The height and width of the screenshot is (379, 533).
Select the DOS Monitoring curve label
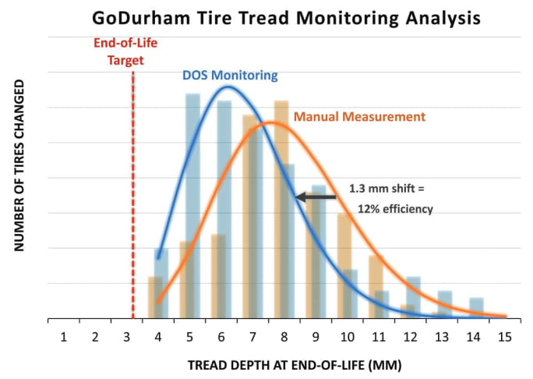coord(230,76)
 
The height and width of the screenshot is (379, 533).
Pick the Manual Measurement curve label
coord(359,117)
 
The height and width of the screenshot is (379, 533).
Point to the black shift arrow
coord(315,197)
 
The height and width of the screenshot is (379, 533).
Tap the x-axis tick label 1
coord(63,337)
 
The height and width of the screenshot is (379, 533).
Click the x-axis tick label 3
coord(126,337)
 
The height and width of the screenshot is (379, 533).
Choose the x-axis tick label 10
coord(347,337)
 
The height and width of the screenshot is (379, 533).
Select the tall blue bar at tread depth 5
coord(192,206)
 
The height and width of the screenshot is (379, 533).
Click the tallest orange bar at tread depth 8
coord(281,209)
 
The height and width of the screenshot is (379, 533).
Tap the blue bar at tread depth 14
coord(477,309)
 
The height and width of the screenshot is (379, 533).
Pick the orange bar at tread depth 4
coord(154,298)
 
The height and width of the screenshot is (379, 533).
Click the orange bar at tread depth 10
coord(344,266)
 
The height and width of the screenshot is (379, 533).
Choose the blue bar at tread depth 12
coord(414,298)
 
